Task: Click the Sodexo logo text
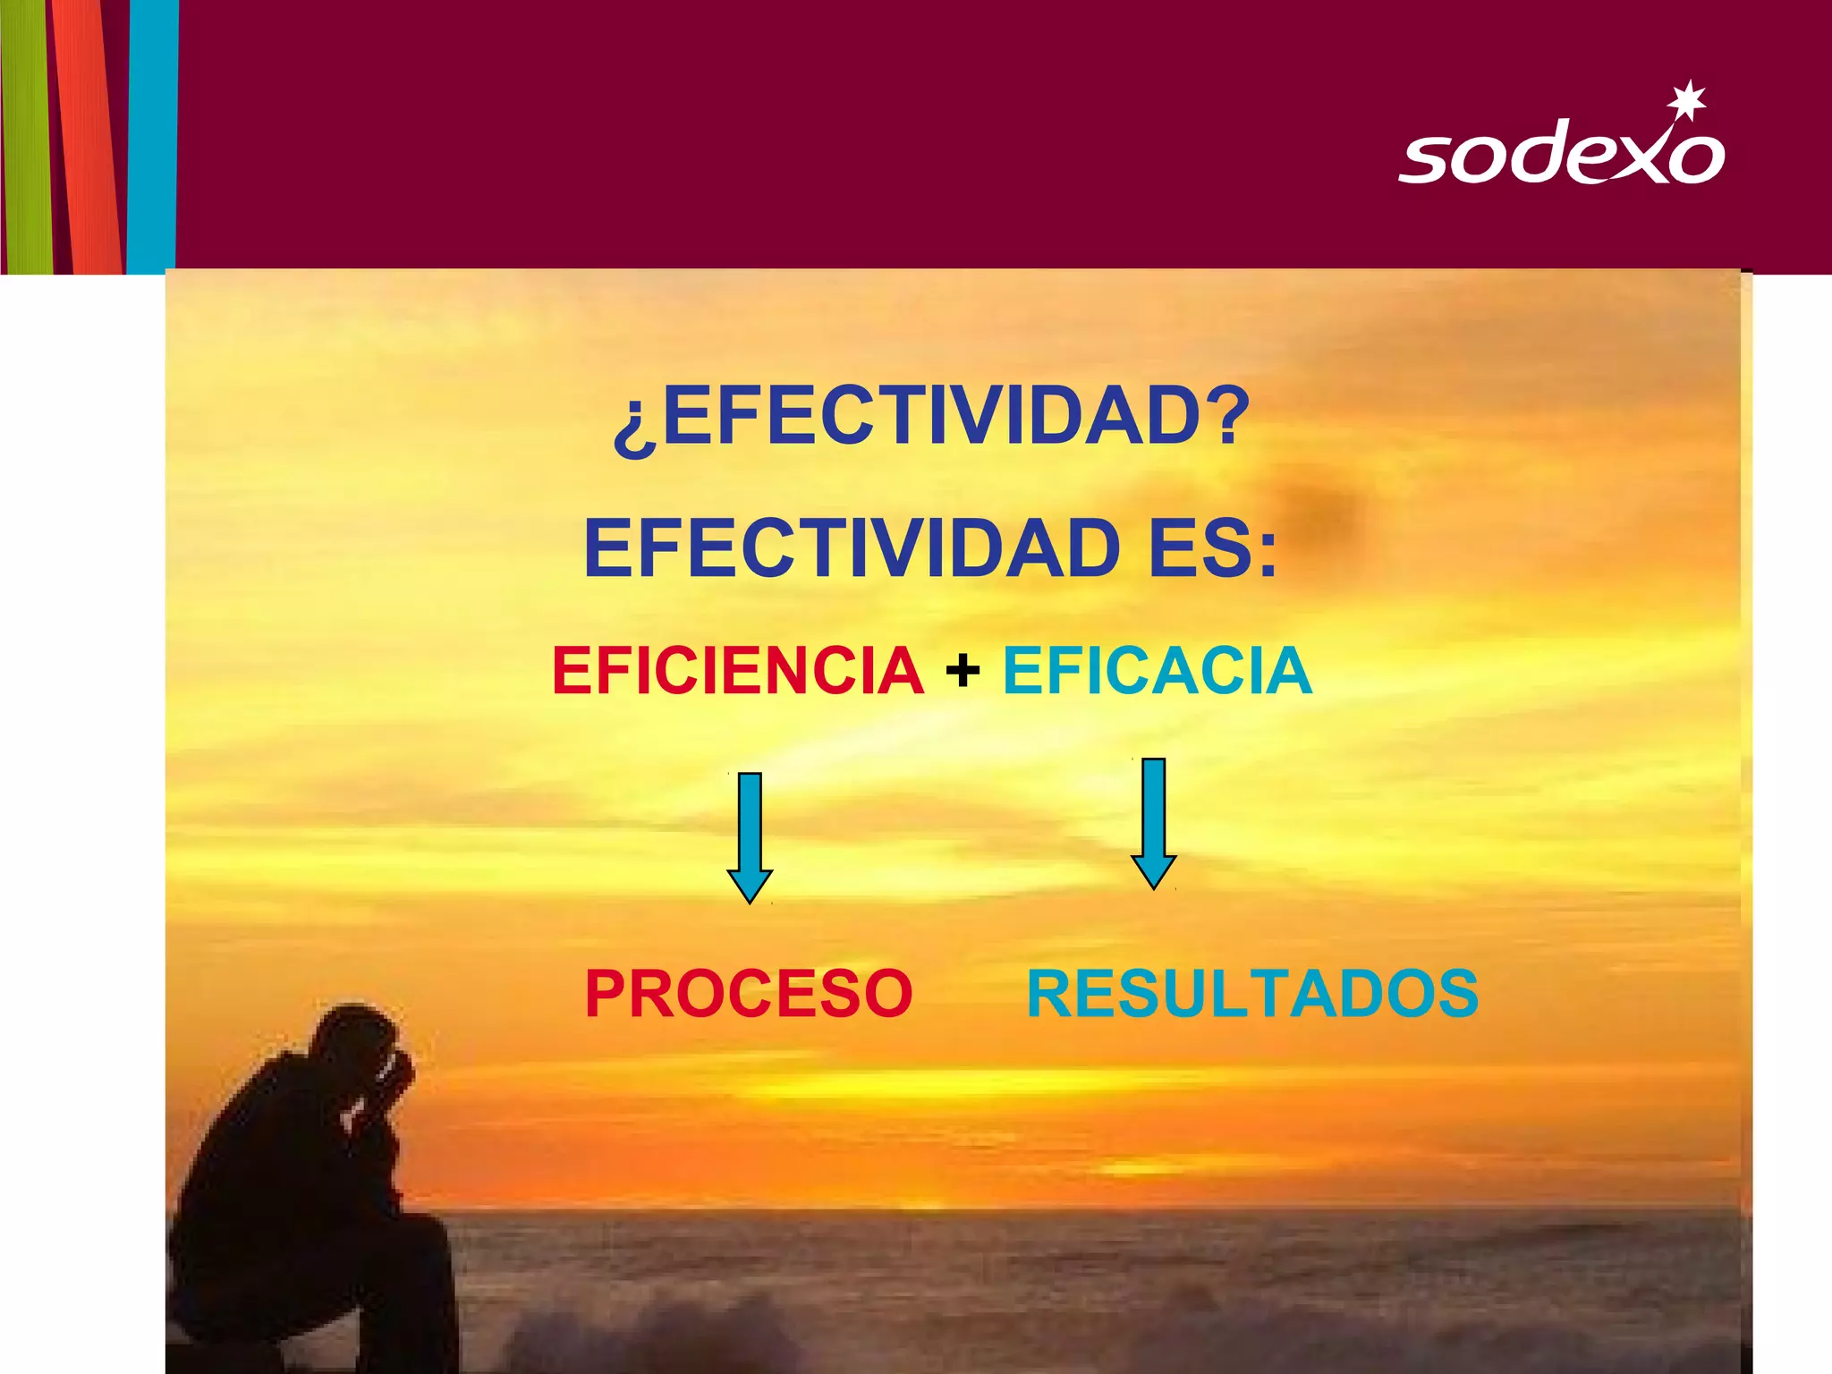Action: coord(1561,157)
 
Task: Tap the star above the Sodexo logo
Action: coord(1689,99)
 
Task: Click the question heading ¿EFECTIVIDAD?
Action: coord(930,417)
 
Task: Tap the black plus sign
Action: coord(963,670)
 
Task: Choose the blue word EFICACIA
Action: coord(1158,670)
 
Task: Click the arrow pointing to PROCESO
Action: coord(750,836)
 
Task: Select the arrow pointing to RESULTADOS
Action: coord(1154,822)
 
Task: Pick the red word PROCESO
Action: coord(749,993)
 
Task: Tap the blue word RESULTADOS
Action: coord(1252,993)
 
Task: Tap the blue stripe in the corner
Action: coord(152,134)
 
